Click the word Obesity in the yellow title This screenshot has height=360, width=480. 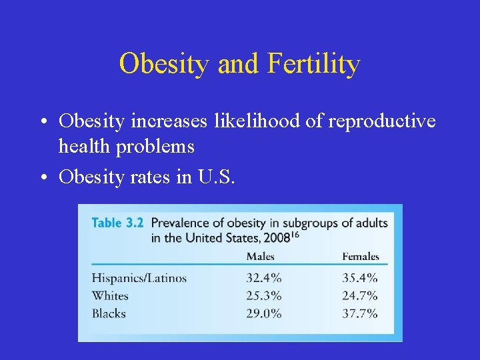pos(159,65)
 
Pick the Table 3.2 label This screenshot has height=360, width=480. pos(117,223)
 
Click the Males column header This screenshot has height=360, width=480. pos(260,257)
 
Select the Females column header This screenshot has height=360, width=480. pos(360,257)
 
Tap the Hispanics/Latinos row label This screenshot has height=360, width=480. pos(139,278)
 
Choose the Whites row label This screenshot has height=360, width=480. pos(110,295)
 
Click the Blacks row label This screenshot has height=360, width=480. pos(109,313)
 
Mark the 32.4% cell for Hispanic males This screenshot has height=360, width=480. pos(264,278)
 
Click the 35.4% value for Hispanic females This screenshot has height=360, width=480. pos(360,278)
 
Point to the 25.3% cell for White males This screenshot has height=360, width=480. pos(264,295)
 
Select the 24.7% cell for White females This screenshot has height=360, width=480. pos(360,295)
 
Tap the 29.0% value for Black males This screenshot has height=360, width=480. pos(264,313)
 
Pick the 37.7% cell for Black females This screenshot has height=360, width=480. pos(360,313)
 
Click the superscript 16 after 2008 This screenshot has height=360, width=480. pos(293,234)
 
